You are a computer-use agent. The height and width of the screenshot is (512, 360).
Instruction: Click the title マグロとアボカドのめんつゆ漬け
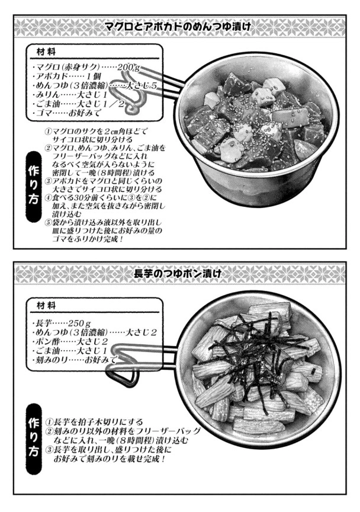[178, 27]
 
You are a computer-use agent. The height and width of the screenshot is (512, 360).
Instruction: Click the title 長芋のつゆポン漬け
[178, 273]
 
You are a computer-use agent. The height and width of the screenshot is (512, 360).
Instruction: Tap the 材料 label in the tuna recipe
[46, 52]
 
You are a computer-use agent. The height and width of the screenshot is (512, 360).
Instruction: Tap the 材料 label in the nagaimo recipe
[46, 306]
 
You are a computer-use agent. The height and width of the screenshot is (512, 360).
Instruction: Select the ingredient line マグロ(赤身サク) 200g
[86, 68]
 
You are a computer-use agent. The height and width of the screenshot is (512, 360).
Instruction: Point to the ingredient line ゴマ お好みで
[67, 113]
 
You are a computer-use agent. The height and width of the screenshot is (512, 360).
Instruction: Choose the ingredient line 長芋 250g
[62, 324]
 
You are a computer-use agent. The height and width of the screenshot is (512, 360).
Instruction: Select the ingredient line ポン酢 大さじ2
[70, 342]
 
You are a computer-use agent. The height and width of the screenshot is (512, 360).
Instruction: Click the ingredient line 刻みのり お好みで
[75, 360]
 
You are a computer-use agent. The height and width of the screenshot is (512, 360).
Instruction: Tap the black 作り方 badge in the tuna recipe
[34, 186]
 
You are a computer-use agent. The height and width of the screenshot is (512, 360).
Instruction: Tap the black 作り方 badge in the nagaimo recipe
[34, 439]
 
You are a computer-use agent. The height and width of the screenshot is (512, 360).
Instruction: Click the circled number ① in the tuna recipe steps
[48, 132]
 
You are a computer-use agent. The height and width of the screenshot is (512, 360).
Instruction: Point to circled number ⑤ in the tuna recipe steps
[48, 223]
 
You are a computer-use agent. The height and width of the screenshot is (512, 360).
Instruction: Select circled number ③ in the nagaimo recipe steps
[49, 450]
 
